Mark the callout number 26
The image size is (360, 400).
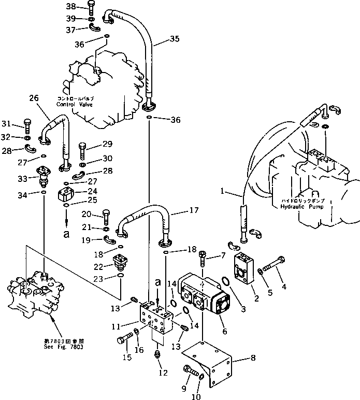point(34,97)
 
